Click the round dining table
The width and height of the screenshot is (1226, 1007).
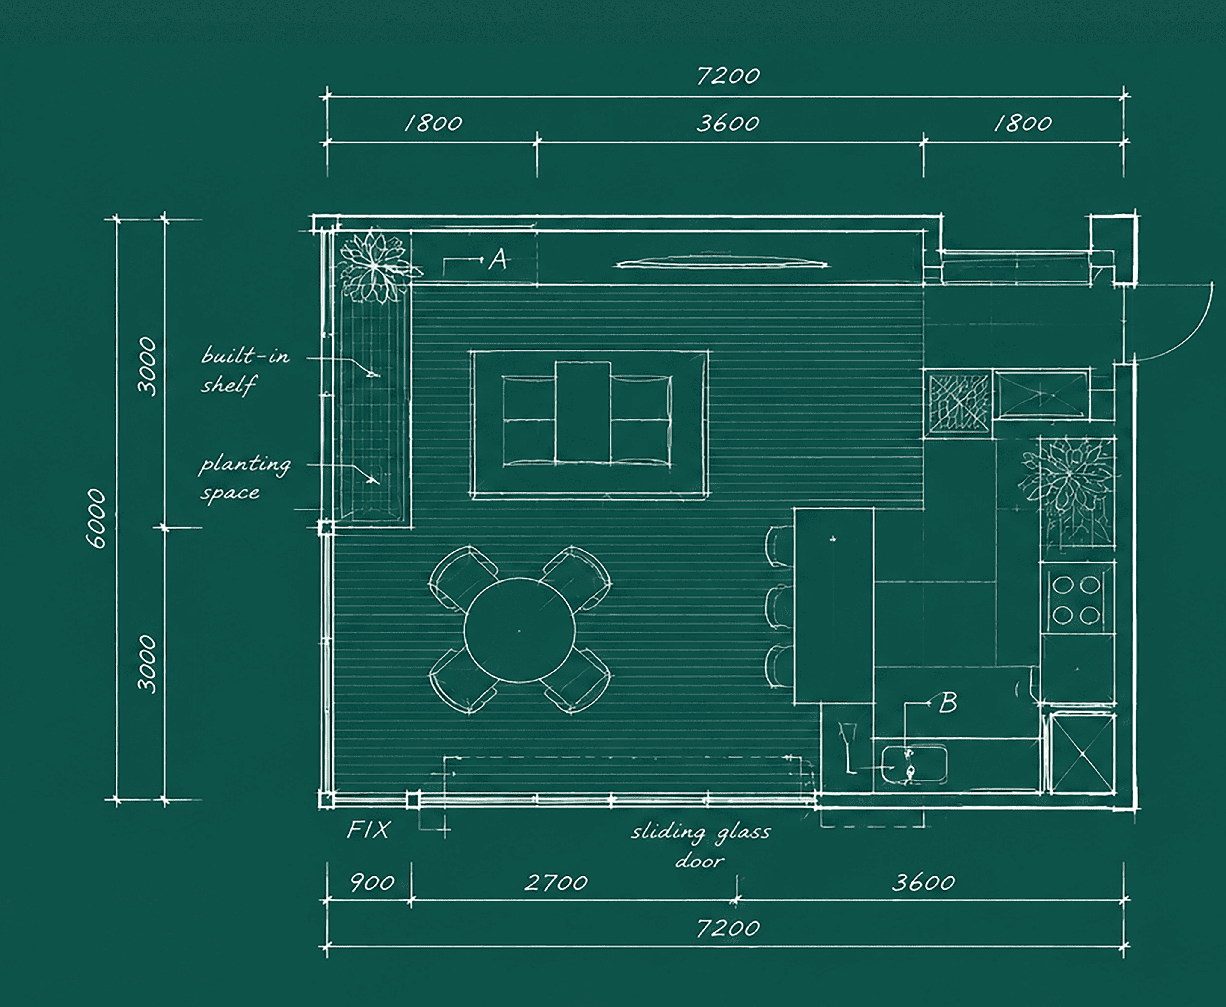[x=520, y=630]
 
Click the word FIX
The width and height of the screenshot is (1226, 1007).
[x=368, y=829]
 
